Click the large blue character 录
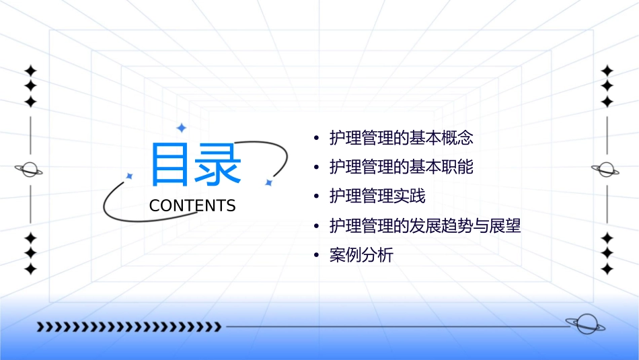(x=217, y=164)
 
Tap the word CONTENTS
(x=192, y=206)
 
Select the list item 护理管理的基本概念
(x=402, y=139)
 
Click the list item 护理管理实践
(x=377, y=196)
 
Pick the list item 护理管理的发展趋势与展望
(x=425, y=226)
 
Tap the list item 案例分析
(x=361, y=255)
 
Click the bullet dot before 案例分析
(x=316, y=256)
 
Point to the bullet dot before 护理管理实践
(x=316, y=197)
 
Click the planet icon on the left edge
(x=29, y=170)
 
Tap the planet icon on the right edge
(x=606, y=170)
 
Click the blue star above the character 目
(x=181, y=127)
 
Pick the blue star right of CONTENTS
(x=268, y=182)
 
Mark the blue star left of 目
(x=130, y=176)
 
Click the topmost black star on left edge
(x=30, y=71)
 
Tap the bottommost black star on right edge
(x=607, y=269)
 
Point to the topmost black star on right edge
(x=607, y=71)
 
